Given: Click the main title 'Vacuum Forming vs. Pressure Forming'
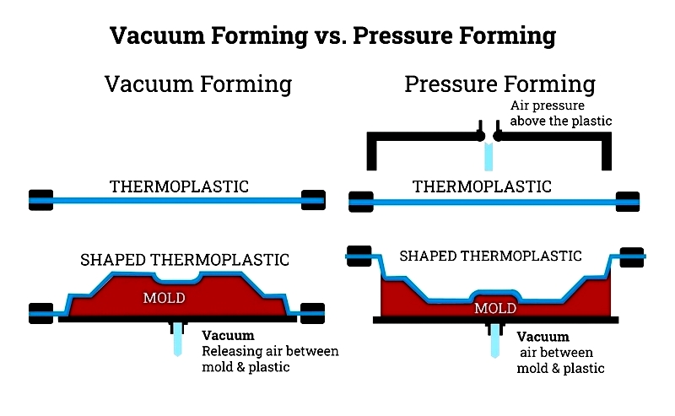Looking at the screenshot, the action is [332, 35].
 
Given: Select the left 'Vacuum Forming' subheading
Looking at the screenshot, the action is [198, 84].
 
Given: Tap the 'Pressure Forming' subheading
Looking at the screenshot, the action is [499, 84].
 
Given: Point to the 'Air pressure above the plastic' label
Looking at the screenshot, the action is [561, 113].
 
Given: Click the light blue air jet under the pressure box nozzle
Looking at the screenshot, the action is [489, 156].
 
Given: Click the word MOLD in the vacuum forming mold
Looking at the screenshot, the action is [165, 298].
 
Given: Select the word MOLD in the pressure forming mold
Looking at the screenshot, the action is [495, 308].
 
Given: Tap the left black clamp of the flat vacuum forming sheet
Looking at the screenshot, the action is [40, 200].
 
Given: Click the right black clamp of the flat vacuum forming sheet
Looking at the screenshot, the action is [313, 200].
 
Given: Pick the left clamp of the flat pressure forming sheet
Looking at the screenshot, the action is [361, 202].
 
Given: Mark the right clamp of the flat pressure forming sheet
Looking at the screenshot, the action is [628, 202].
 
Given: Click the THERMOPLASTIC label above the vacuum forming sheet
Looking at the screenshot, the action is [179, 186].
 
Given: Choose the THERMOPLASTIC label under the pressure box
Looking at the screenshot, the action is [482, 186].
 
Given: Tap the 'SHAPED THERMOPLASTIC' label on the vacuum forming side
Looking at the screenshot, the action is [185, 260].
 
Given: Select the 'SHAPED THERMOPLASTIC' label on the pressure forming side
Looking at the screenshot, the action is [491, 257].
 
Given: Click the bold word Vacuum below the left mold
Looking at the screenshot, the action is [228, 336].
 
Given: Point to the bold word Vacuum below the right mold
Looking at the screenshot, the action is [543, 337].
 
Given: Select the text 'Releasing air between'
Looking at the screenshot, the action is [270, 351].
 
